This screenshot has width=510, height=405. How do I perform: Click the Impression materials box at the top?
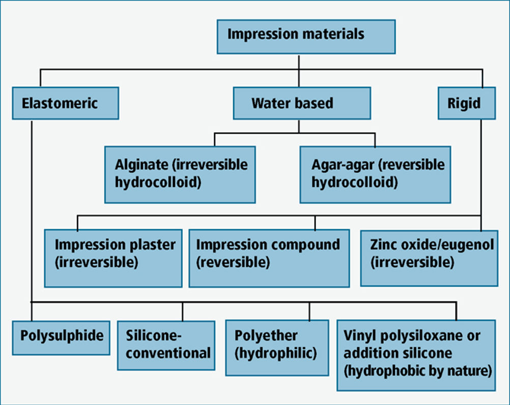tap(306, 37)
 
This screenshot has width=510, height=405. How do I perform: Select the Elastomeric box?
tap(65, 103)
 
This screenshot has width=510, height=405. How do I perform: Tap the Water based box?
tap(302, 103)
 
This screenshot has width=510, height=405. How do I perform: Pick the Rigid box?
tap(467, 103)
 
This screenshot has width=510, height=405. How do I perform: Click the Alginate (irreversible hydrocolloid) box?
tap(180, 175)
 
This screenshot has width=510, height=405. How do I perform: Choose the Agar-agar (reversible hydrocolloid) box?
tap(375, 175)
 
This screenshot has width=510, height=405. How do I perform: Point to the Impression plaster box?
tap(113, 259)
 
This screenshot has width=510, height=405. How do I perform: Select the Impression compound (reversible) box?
tap(269, 259)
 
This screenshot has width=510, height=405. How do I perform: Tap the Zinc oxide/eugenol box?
tap(429, 259)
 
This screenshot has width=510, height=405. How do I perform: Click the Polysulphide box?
tap(61, 338)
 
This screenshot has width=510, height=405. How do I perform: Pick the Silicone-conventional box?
tap(166, 346)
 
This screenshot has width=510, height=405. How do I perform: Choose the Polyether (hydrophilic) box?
tap(277, 348)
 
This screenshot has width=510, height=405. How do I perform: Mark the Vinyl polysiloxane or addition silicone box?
tap(416, 355)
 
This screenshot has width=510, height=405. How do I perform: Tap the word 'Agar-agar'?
tap(343, 165)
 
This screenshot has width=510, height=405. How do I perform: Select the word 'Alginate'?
tap(141, 165)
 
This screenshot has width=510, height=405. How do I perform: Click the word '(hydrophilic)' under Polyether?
tap(276, 353)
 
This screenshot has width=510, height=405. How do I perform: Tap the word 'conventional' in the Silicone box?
tap(168, 353)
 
